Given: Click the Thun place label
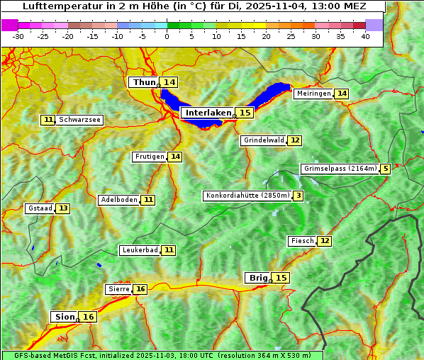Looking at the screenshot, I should (144, 83).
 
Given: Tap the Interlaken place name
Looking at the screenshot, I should (208, 113).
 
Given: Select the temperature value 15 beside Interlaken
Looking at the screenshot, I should (245, 113).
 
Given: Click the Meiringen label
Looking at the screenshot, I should (313, 94).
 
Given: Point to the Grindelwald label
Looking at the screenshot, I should (264, 140).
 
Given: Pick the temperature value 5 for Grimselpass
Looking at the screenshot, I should (385, 169).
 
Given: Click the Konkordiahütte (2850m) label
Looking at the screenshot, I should (247, 196).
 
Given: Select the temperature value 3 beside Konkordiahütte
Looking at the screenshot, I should (299, 196).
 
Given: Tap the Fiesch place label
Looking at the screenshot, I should (302, 241).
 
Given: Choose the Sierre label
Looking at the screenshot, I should (118, 289).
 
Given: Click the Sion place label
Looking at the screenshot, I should (63, 317).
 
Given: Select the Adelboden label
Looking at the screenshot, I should (119, 200).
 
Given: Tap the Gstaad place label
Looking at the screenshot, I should (40, 208).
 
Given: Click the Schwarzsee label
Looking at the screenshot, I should (79, 120).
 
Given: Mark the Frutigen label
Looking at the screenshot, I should (150, 157).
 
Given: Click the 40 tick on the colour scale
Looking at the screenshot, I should (365, 36).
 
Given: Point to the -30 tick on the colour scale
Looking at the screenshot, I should (18, 36).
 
